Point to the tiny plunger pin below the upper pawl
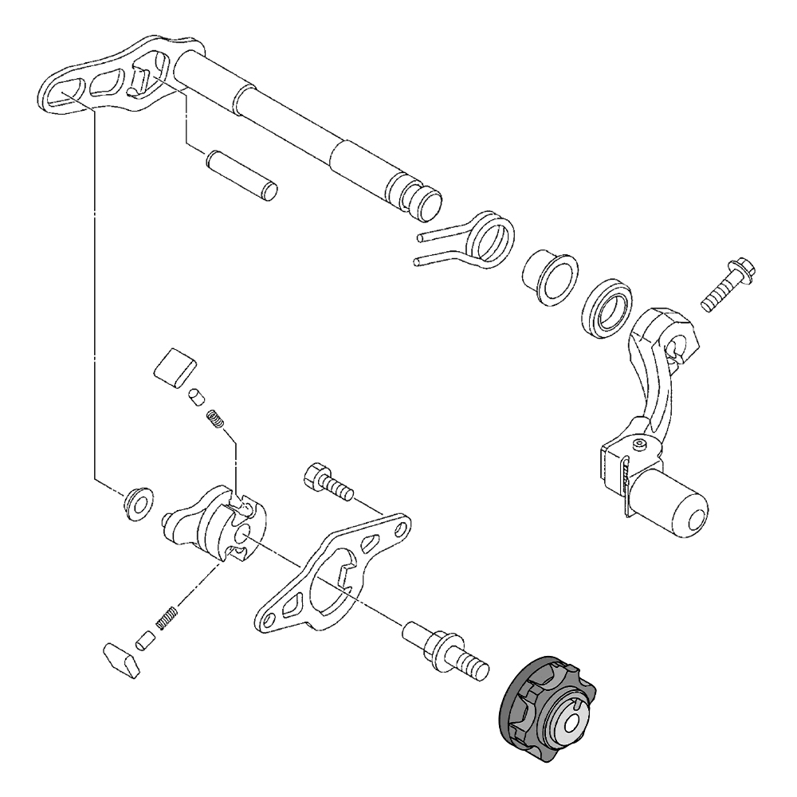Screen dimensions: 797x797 click(195, 396)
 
